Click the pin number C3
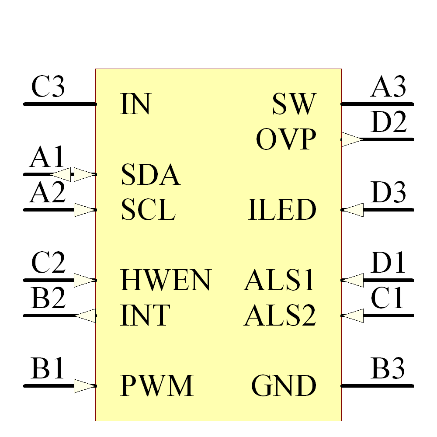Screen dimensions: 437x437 point(48,87)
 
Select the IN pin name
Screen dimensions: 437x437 point(135,104)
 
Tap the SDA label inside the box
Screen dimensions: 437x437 point(150,175)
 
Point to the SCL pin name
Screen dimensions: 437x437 point(148,210)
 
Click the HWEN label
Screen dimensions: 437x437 point(166,280)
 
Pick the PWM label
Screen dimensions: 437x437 point(156,386)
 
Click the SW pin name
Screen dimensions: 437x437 point(294,104)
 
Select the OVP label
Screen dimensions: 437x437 point(286,140)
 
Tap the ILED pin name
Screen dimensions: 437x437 point(282,210)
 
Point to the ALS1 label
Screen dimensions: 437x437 point(280,280)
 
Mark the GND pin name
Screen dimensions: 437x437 point(284,386)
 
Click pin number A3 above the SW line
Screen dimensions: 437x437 point(388,87)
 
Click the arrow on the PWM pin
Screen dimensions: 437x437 point(85,386)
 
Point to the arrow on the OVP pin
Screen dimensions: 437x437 point(352,140)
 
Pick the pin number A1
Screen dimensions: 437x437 point(47,158)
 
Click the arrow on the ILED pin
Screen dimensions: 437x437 point(352,210)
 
